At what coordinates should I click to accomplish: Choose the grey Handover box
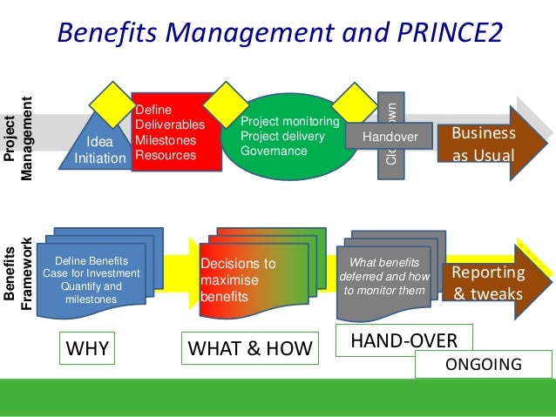pos(390,137)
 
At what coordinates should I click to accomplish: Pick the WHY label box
pos(88,348)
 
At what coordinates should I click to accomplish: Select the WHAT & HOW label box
pos(249,348)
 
